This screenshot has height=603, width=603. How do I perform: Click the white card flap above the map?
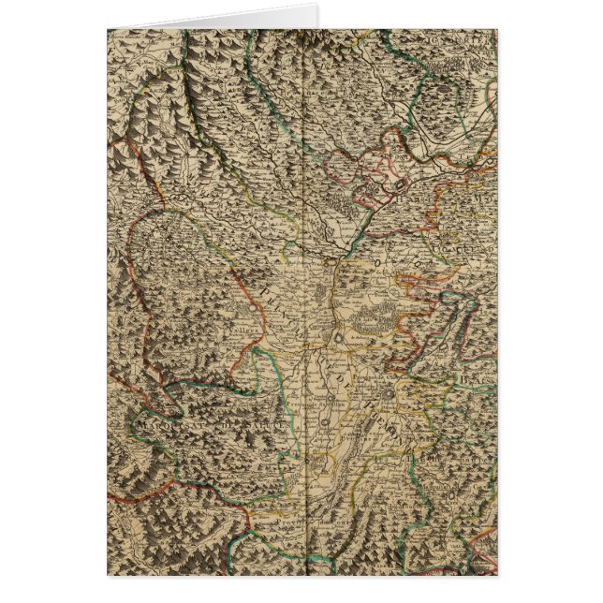(215, 19)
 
